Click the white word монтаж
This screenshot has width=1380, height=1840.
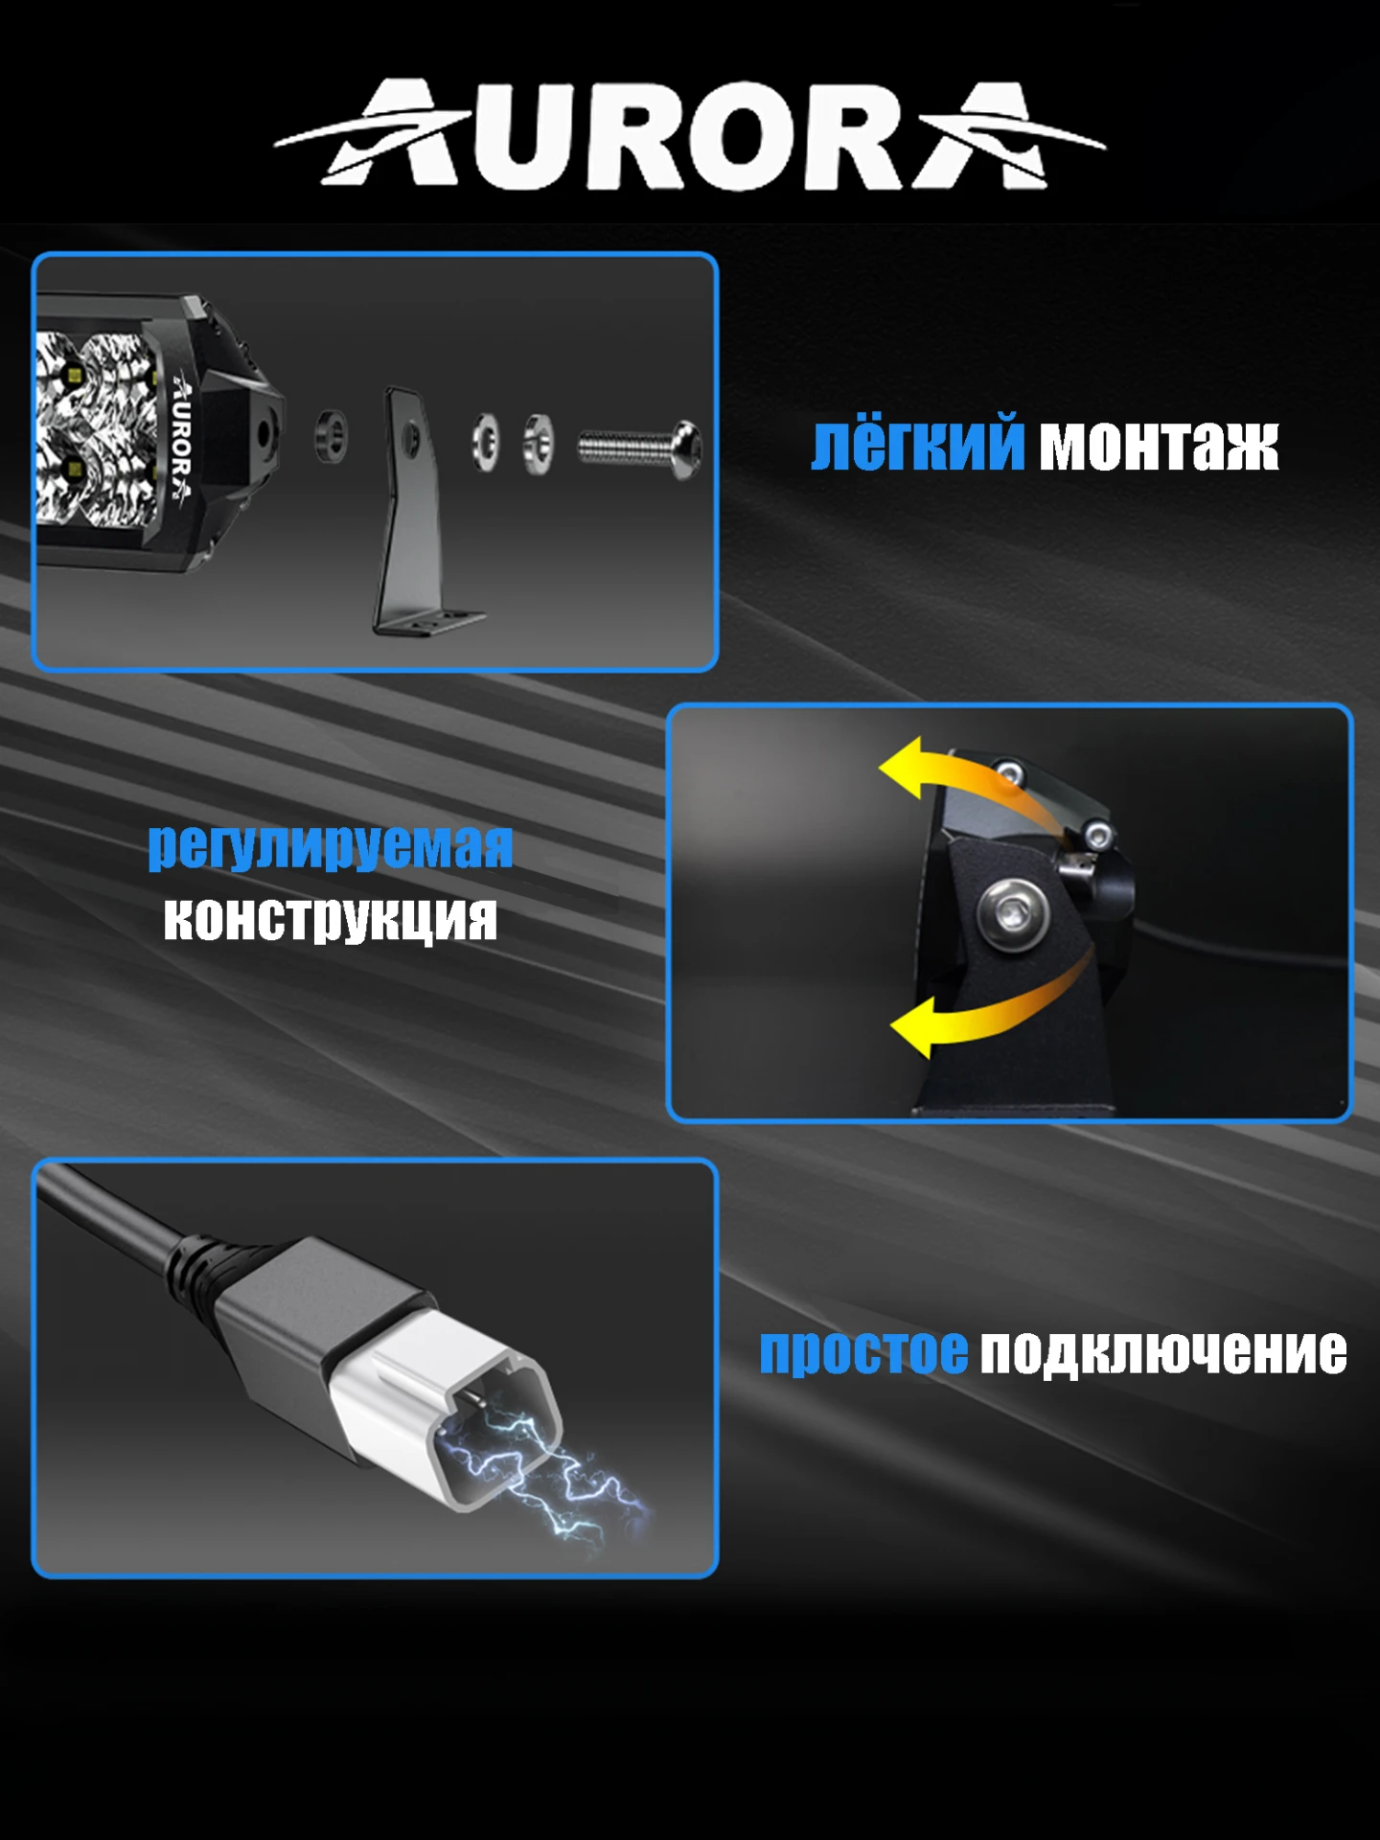1160,447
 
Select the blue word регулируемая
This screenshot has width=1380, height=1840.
331,847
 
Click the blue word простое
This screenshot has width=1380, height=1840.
863,1352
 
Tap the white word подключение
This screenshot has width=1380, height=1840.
1163,1352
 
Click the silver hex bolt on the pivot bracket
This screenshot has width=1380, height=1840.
1012,912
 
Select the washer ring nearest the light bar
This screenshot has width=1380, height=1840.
332,436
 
